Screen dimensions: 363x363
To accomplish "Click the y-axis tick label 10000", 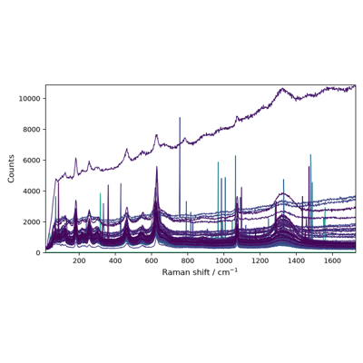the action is [30, 99].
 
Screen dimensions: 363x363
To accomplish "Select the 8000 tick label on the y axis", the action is [32, 130].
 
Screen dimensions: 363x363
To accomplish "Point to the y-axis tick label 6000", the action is [32, 161].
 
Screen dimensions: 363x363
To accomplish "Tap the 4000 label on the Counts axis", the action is [32, 191].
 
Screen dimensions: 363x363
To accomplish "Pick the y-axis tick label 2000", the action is [32, 222].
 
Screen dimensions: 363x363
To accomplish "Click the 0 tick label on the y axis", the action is [38, 253].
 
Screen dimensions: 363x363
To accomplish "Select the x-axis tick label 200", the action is [79, 260].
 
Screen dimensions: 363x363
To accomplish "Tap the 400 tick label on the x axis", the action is [115, 260].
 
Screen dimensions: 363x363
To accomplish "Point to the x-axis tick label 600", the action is [152, 260].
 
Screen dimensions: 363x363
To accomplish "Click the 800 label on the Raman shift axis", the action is [188, 260].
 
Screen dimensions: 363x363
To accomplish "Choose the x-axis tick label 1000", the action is [223, 260].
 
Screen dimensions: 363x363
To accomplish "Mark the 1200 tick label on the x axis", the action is [260, 260].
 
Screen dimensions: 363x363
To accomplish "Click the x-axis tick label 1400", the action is [296, 260].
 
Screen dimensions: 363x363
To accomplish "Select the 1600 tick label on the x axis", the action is [332, 260].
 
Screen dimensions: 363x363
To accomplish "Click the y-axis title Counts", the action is [11, 169].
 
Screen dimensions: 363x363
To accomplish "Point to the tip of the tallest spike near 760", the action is [180, 117].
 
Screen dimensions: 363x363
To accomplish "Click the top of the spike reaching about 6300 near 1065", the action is [235, 156].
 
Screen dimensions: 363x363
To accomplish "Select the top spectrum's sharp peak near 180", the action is [75, 158].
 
